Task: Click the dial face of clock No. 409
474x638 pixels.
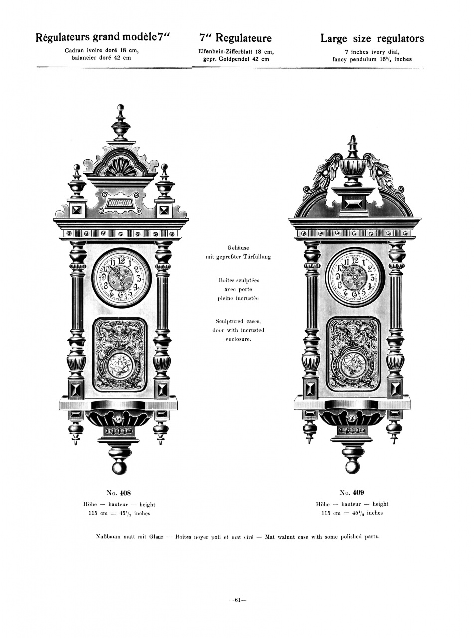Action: coord(355,277)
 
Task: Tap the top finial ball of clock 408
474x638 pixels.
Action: coord(120,107)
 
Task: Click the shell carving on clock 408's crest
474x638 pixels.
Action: coord(121,167)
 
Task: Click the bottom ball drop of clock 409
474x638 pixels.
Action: coord(352,467)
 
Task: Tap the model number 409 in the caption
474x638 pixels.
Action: coord(359,493)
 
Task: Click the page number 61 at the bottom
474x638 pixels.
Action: coord(238,600)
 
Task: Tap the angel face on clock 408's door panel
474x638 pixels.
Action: coord(120,331)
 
